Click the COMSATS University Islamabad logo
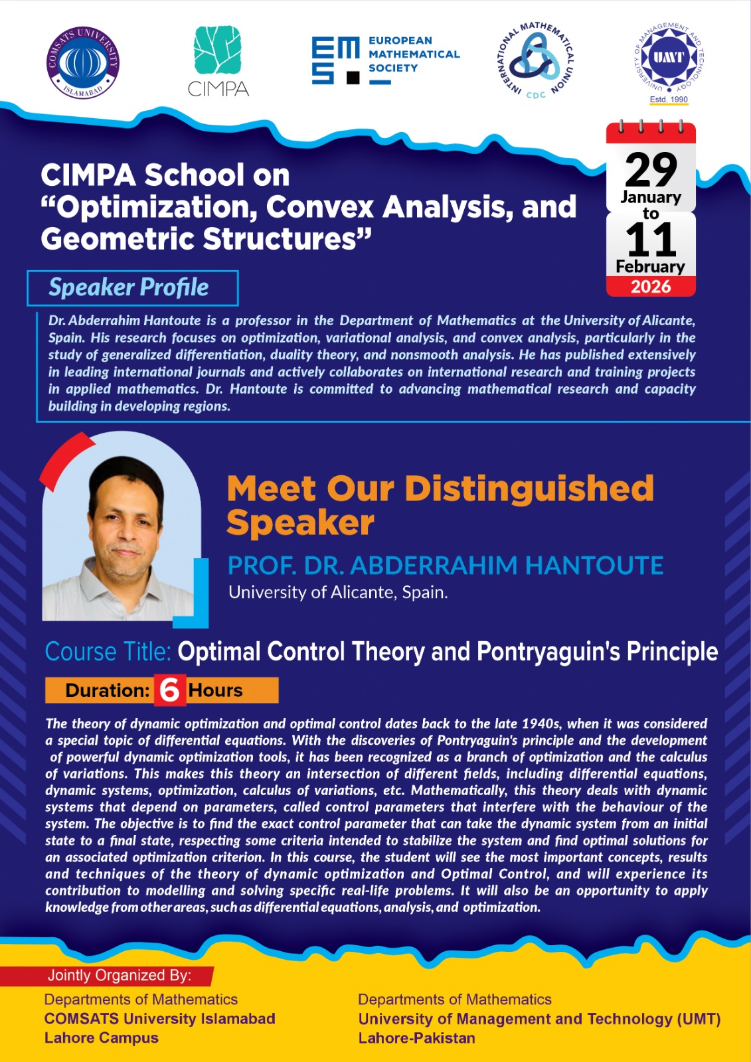(82, 62)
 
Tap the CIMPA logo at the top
(218, 61)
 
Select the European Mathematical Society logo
(386, 60)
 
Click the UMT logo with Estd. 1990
(669, 63)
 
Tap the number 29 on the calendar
(651, 171)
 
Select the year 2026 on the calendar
(651, 287)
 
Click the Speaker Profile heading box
(133, 288)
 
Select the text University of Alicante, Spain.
(338, 592)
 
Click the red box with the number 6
(170, 690)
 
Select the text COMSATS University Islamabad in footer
(160, 1018)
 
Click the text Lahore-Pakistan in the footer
(416, 1038)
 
